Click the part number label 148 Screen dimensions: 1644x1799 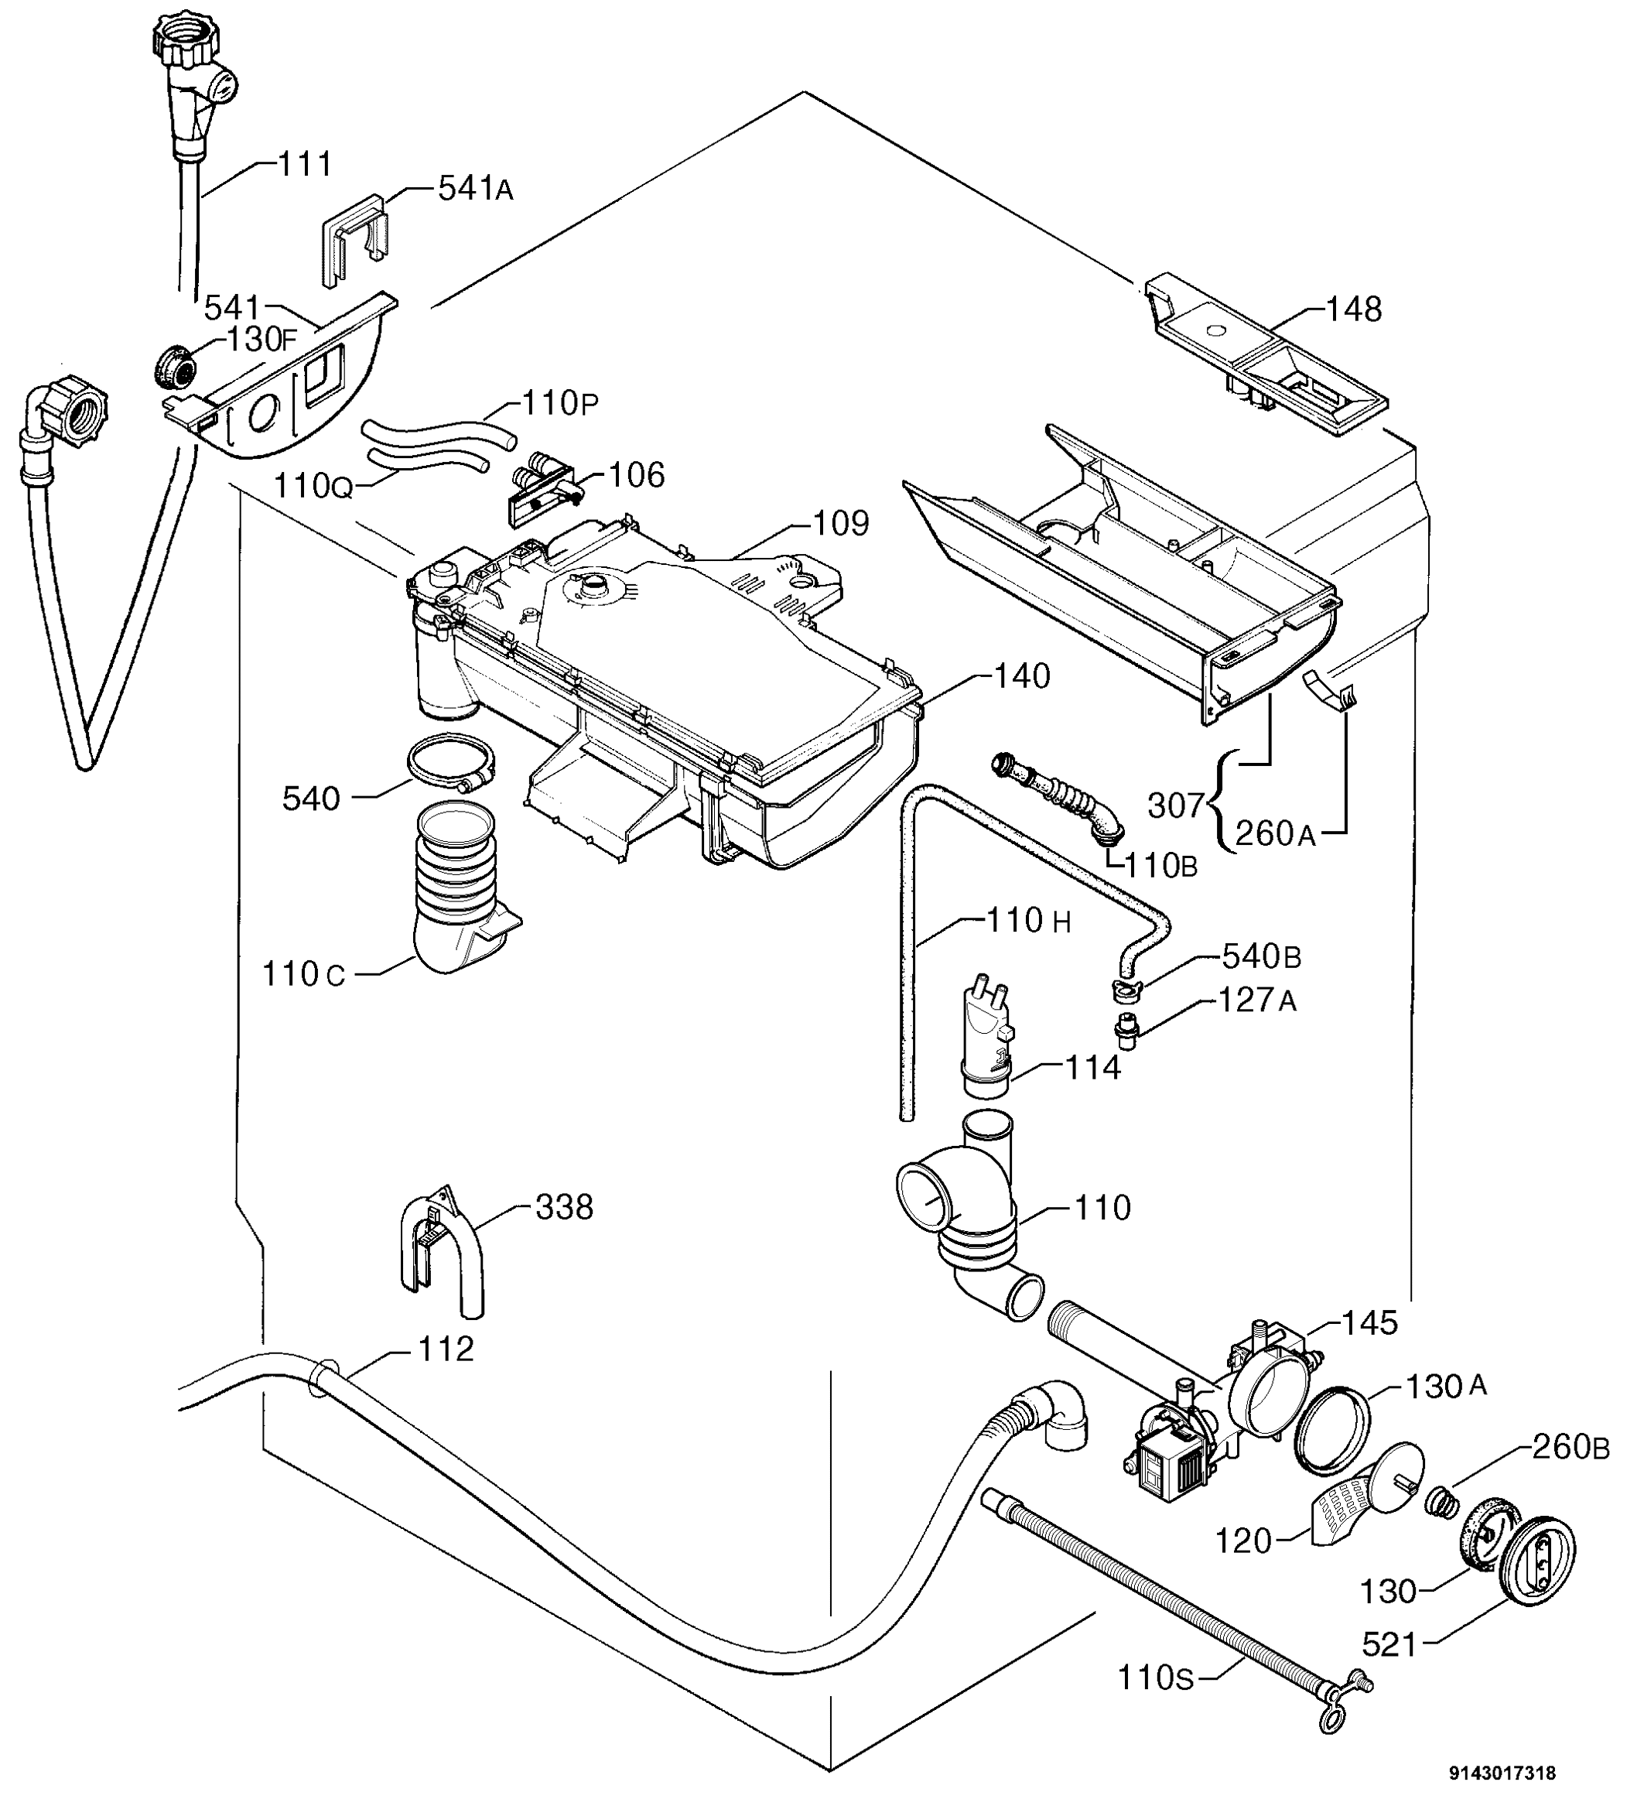(1354, 310)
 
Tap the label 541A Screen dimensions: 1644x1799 (476, 188)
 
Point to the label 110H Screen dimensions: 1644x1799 (1028, 920)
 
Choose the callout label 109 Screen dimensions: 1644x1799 (840, 523)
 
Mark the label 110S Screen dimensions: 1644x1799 (1156, 1678)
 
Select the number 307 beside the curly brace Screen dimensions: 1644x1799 (1176, 805)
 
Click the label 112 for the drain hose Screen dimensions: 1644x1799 (445, 1349)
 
